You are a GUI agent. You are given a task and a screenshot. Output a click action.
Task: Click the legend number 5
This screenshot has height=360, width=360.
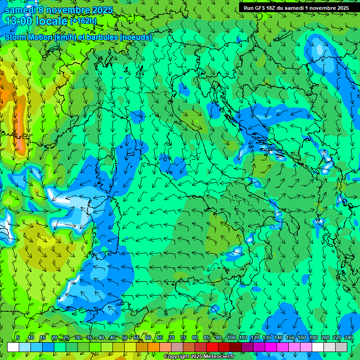click(x=18, y=337)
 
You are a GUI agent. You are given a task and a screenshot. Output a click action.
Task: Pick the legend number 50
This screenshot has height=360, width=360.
click(x=125, y=337)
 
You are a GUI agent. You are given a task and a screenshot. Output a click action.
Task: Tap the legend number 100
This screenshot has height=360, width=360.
click(x=231, y=337)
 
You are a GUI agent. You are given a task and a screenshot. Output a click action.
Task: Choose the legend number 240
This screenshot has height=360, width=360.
click(x=349, y=337)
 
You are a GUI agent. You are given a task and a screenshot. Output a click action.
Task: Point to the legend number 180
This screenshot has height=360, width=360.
click(x=314, y=337)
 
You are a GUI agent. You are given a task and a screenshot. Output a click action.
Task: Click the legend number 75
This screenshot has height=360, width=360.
click(x=183, y=337)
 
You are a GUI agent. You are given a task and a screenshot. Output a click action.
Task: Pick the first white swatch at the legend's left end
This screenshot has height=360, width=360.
click(x=13, y=347)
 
